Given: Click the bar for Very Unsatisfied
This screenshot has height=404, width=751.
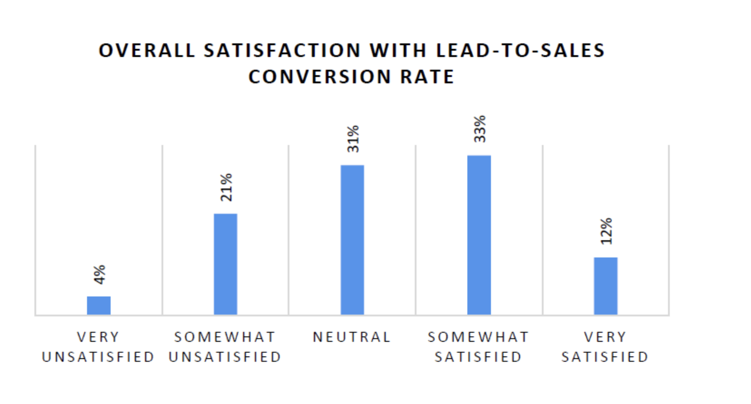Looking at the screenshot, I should pos(98,305).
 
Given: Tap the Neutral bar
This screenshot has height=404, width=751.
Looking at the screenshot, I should pos(352,239).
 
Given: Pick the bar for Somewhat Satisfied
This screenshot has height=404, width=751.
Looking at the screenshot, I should pos(479,235).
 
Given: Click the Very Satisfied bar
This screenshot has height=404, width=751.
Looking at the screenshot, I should pos(606,286).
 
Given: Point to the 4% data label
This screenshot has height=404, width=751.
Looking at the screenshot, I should pos(99,274).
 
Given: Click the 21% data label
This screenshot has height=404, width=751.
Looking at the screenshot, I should pos(226,187).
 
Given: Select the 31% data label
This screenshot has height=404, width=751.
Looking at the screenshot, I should pos(353,139).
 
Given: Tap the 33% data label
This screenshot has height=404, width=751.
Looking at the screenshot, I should pos(480,129).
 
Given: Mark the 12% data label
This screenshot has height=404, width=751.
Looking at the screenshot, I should pos(606,231).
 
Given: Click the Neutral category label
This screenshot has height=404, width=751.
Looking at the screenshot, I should pos(352,337).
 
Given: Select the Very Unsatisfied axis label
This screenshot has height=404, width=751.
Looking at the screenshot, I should pos(98,347).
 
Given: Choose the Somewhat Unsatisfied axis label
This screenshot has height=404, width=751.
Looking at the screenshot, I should pos(225,347).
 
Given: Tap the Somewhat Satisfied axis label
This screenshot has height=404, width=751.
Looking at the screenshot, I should pos(478,347).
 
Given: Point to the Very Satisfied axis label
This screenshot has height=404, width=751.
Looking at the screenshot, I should pos(605,347).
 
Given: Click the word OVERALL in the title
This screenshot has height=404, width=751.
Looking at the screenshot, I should pos(147,51).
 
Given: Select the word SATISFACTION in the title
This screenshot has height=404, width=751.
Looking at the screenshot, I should pos(282,51).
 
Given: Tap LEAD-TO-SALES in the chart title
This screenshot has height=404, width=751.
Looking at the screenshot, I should pos(520,51).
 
